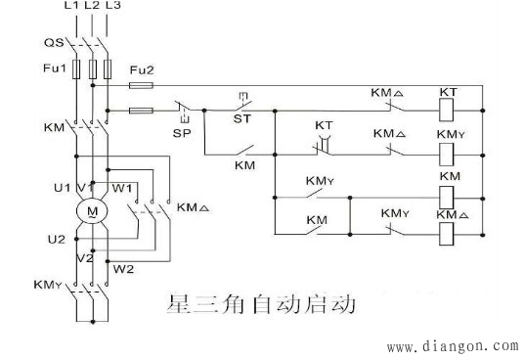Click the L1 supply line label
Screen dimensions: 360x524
(x=71, y=8)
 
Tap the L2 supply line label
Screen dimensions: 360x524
(x=92, y=8)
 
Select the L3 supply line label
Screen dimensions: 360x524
(x=112, y=8)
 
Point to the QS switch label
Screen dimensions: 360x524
(x=54, y=43)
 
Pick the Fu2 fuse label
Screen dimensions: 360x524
(x=142, y=68)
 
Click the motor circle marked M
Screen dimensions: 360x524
(x=92, y=210)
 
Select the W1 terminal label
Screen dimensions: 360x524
(x=120, y=187)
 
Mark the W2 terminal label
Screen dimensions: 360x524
(x=123, y=267)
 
